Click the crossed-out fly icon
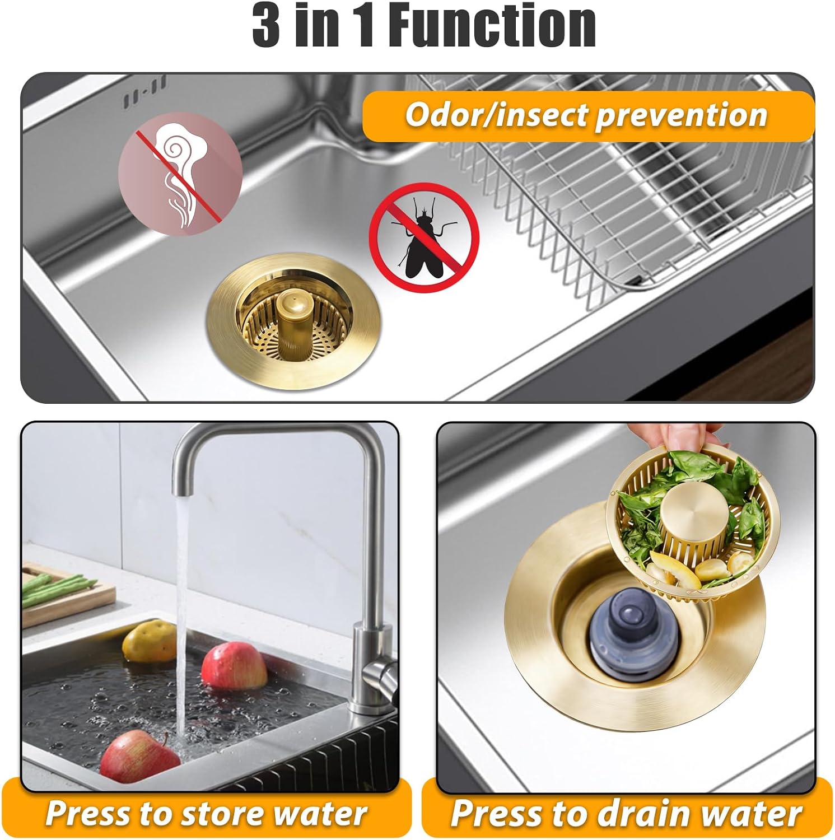pyautogui.click(x=424, y=237)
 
